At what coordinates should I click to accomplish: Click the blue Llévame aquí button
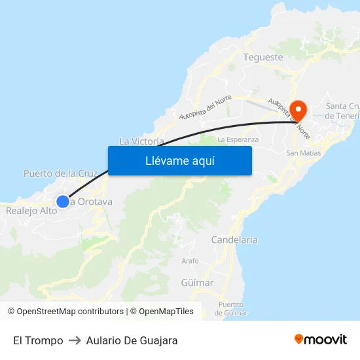click(x=179, y=160)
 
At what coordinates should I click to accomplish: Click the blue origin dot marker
click(x=62, y=202)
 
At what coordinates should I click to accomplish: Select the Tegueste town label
click(x=263, y=57)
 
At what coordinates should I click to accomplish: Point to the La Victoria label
click(x=141, y=141)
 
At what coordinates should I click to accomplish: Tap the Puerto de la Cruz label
click(x=60, y=173)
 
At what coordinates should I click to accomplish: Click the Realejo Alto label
click(x=31, y=211)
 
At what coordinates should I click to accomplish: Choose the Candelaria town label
click(x=234, y=240)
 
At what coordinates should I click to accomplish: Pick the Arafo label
click(x=190, y=261)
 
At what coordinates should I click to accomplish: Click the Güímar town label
click(x=196, y=283)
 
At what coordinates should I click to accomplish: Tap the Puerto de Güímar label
click(x=232, y=308)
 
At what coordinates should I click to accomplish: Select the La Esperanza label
click(x=238, y=139)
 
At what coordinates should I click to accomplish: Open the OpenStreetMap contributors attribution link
click(x=70, y=312)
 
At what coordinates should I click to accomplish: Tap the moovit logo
click(x=321, y=339)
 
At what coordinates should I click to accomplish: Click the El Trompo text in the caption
click(x=38, y=340)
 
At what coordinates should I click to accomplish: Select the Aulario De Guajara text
click(x=132, y=340)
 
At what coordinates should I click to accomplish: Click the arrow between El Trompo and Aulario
click(x=75, y=340)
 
